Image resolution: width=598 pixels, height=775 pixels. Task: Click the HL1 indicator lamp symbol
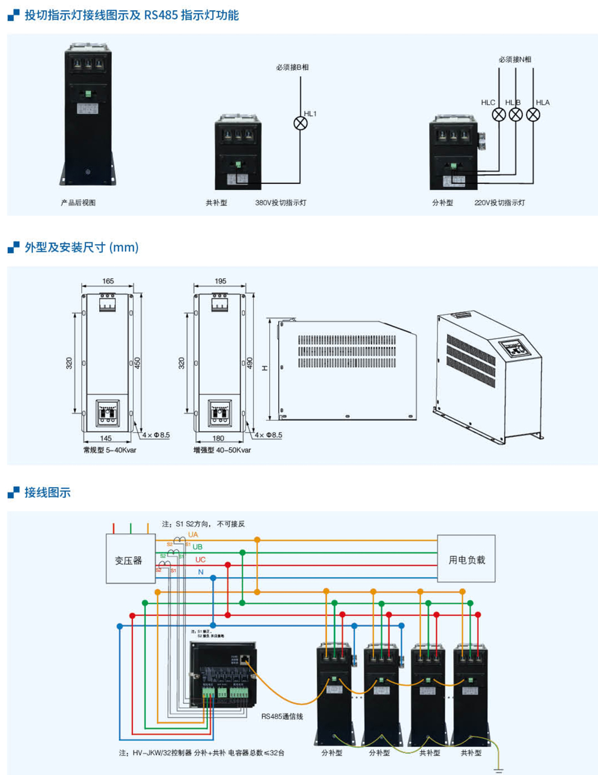pos(301,123)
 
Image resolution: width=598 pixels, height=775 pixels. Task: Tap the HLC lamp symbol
pos(498,114)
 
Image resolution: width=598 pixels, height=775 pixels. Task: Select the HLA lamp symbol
pos(532,114)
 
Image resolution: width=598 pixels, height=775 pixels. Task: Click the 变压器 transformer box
pos(130,560)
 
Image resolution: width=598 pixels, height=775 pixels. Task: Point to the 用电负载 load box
pos(466,559)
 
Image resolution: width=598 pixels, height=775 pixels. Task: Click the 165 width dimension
pos(108,281)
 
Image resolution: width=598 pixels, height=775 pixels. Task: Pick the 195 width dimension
pos(220,281)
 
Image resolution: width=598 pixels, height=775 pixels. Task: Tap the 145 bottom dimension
pos(106,438)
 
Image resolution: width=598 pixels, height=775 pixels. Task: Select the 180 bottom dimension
pos(218,438)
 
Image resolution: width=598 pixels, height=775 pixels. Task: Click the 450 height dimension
pos(138,363)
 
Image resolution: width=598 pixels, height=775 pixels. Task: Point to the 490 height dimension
pos(250,363)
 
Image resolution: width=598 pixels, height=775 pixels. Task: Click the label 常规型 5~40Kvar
pos(109,450)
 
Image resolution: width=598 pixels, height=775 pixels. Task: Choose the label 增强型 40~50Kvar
pos(222,450)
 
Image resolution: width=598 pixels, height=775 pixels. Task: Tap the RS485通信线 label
pos(282,717)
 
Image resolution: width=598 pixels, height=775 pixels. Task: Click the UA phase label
pos(193,535)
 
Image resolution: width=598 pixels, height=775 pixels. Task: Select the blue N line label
pos(201,572)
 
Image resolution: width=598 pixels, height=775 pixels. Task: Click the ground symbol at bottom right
pos(498,769)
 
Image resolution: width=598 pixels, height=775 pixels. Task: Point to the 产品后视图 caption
pos(78,203)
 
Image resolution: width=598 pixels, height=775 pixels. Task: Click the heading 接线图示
pos(47,492)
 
